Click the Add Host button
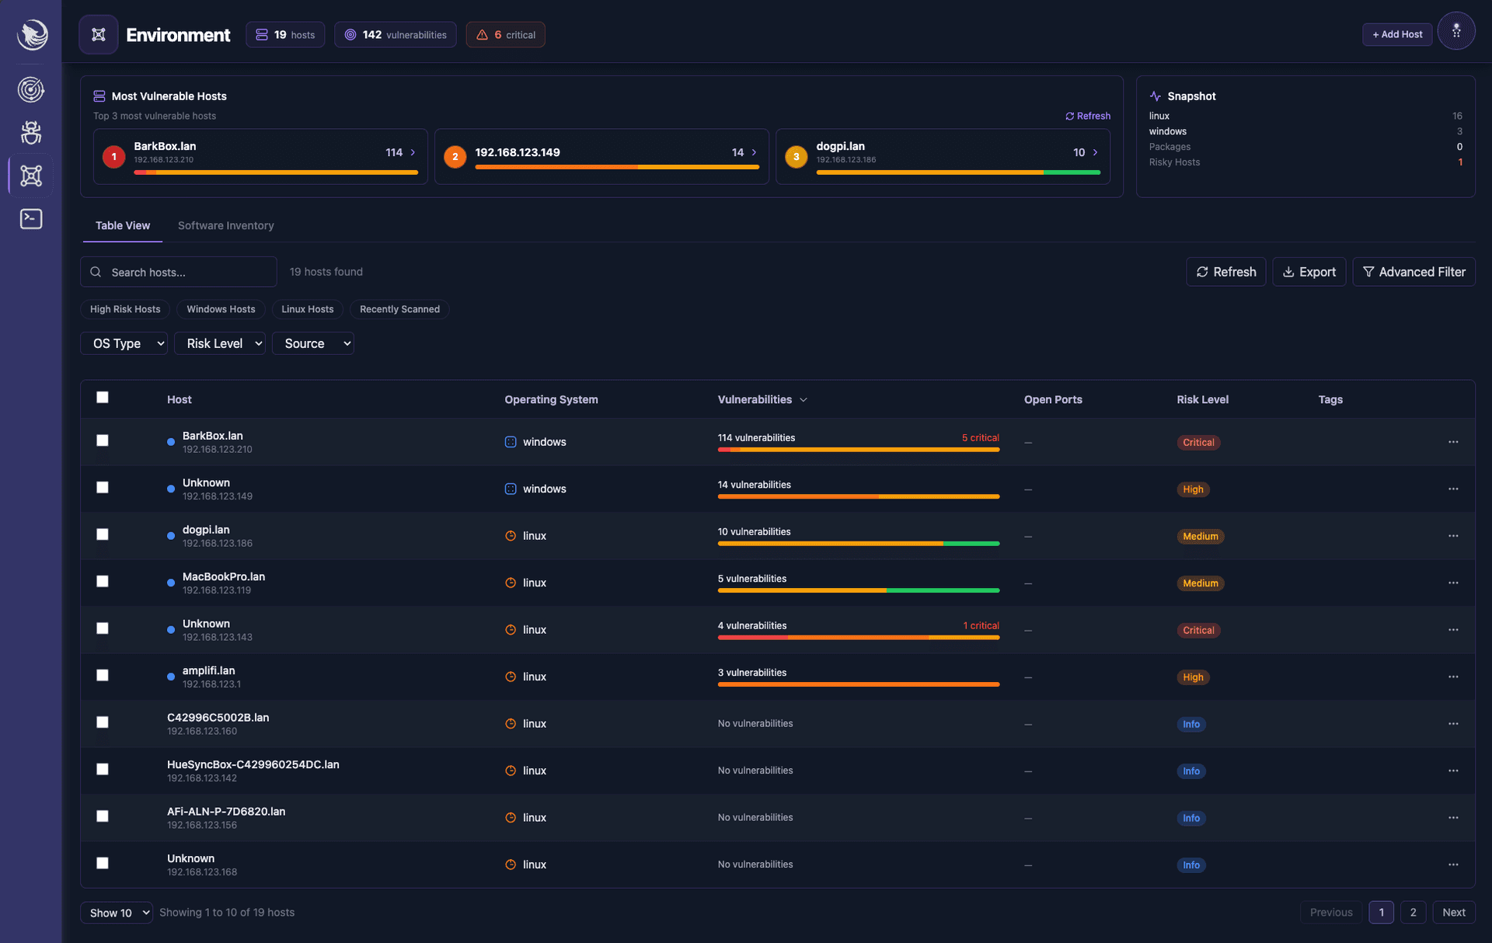click(1396, 34)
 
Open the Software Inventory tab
click(225, 225)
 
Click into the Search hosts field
click(186, 272)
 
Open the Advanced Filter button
click(1414, 272)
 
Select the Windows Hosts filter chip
click(221, 309)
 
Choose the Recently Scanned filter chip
click(399, 309)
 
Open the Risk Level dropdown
click(220, 343)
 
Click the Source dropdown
click(312, 343)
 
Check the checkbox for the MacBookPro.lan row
click(103, 582)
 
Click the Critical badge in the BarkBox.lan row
click(1197, 443)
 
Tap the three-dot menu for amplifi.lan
click(1453, 677)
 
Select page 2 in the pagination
click(1413, 913)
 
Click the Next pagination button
click(1453, 913)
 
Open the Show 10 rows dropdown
click(117, 913)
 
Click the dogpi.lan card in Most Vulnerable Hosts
click(942, 155)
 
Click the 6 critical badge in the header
click(505, 35)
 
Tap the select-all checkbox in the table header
click(103, 398)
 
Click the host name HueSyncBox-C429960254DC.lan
click(253, 764)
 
